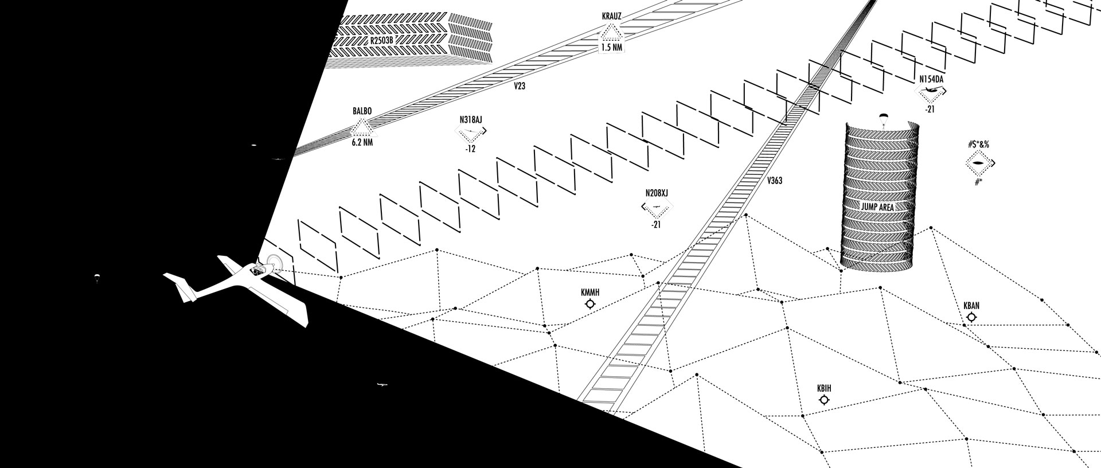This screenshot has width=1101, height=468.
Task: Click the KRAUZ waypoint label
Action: pyautogui.click(x=612, y=17)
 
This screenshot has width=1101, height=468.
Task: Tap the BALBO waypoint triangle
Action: pyautogui.click(x=362, y=127)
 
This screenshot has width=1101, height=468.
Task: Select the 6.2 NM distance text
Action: pyautogui.click(x=362, y=142)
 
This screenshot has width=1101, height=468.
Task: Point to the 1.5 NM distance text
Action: pyautogui.click(x=611, y=48)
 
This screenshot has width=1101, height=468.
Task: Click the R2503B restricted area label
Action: pyautogui.click(x=382, y=41)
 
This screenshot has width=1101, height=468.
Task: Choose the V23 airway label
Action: pyautogui.click(x=520, y=87)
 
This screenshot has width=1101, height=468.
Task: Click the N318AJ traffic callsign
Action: pyautogui.click(x=471, y=120)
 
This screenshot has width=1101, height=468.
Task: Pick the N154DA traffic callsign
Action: pyautogui.click(x=931, y=79)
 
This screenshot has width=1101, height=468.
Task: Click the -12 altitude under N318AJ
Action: pyautogui.click(x=471, y=149)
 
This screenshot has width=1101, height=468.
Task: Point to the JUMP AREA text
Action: pyautogui.click(x=877, y=206)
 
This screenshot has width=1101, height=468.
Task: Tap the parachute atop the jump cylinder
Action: pyautogui.click(x=883, y=119)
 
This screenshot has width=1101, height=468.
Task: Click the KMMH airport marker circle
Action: pyautogui.click(x=589, y=303)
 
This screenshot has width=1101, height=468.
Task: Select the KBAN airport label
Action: pyautogui.click(x=971, y=306)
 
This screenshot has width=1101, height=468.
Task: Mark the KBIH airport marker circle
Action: pyautogui.click(x=824, y=400)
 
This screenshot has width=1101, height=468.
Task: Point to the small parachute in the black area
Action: pyautogui.click(x=96, y=278)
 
